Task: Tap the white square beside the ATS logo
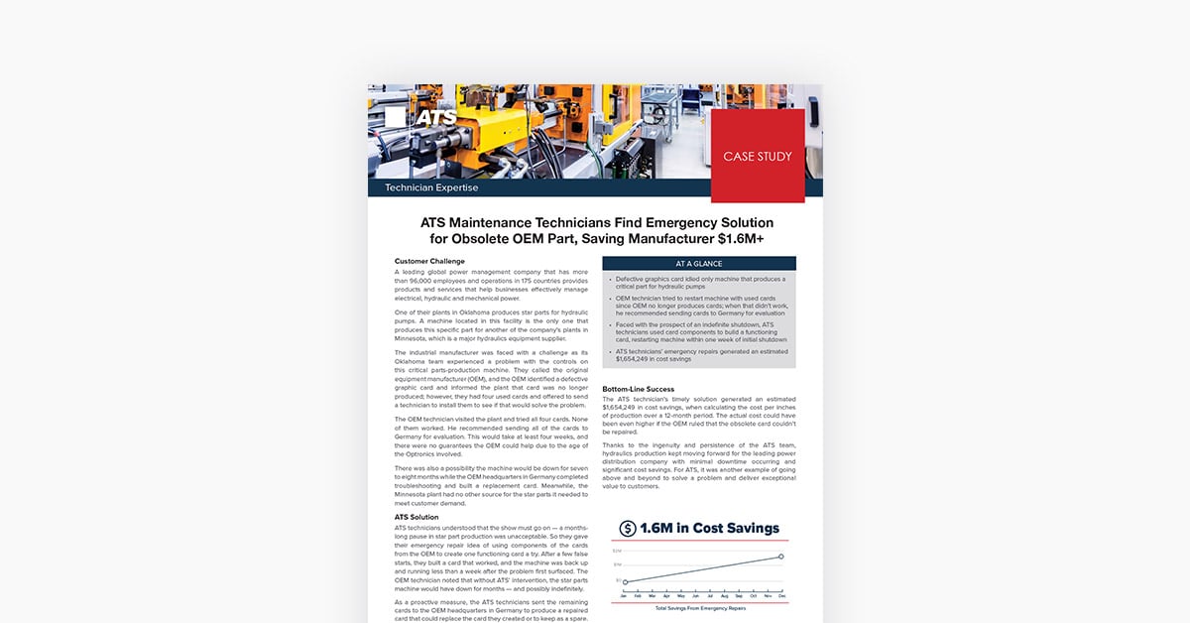pyautogui.click(x=395, y=117)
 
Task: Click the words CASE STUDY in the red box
pyautogui.click(x=758, y=157)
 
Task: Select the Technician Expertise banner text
pyautogui.click(x=431, y=187)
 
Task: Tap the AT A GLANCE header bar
pyautogui.click(x=699, y=264)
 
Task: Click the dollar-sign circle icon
pyautogui.click(x=627, y=529)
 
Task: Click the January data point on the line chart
pyautogui.click(x=626, y=582)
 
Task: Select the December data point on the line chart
pyautogui.click(x=781, y=557)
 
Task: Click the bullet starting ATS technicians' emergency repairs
pyautogui.click(x=699, y=355)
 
